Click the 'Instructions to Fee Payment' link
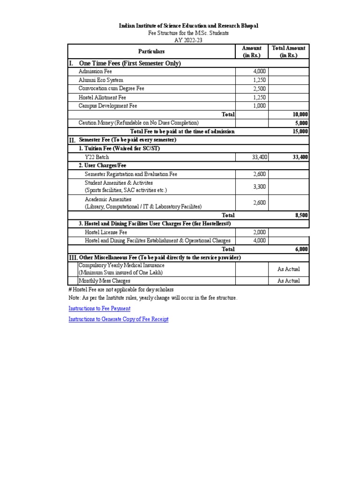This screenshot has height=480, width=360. [99, 308]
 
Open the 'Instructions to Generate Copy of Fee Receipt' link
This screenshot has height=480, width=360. [119, 319]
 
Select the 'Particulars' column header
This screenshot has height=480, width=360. [151, 51]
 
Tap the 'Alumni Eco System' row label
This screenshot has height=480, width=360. [101, 80]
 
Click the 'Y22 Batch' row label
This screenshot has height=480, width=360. [97, 157]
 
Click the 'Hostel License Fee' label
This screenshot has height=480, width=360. [106, 232]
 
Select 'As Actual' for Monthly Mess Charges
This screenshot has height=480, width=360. [288, 281]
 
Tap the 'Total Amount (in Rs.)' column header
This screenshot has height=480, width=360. [288, 51]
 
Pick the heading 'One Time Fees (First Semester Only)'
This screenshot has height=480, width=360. [130, 63]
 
